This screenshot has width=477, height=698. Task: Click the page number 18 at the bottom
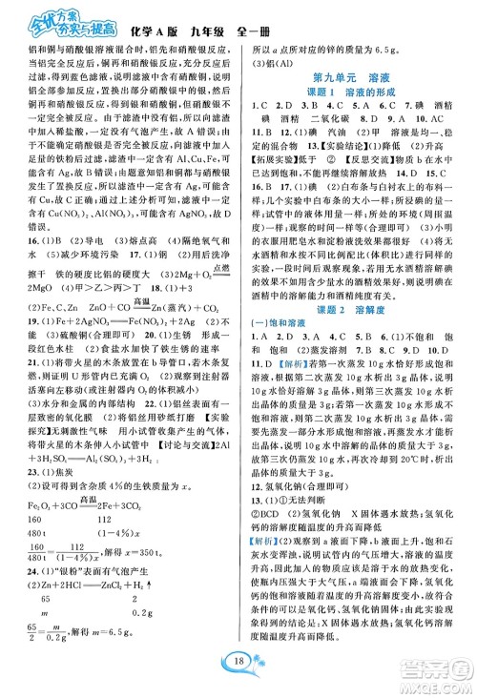238,665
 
